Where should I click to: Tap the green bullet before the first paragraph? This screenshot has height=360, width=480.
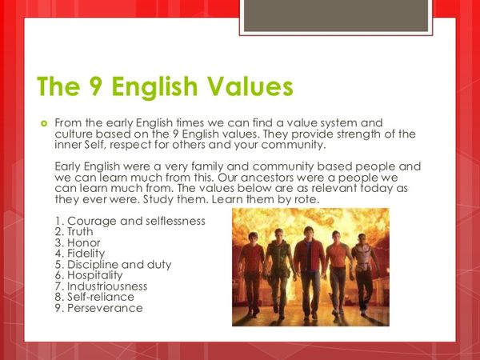(44, 124)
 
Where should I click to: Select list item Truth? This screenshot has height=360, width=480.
(74, 232)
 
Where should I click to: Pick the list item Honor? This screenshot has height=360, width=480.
(78, 242)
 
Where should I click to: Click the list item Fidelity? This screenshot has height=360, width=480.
(80, 254)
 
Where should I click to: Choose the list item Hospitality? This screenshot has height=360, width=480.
(89, 275)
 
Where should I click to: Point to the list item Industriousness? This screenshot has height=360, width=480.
(101, 286)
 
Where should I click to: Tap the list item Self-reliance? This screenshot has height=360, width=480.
(94, 297)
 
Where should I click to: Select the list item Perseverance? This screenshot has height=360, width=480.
(99, 308)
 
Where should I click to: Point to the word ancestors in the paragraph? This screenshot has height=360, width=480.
(257, 178)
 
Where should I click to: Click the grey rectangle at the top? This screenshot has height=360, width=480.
(336, 15)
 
